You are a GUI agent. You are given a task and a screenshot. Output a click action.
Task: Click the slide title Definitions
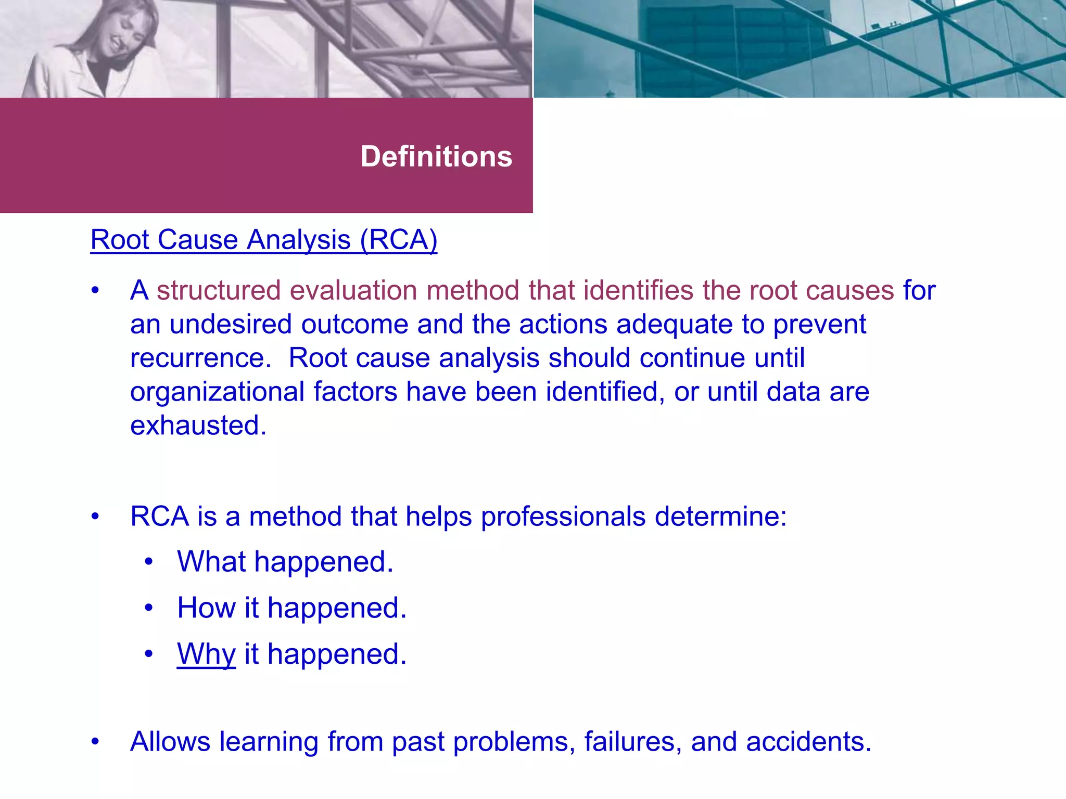coord(436,157)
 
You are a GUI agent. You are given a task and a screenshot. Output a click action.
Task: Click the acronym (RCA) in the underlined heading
coord(399,240)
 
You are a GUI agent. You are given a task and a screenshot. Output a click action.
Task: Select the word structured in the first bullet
coord(219,290)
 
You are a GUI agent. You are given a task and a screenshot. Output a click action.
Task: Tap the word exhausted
coord(198,426)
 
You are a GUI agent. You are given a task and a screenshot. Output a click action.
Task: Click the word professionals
coord(563,517)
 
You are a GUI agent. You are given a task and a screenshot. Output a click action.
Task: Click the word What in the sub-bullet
coord(211,562)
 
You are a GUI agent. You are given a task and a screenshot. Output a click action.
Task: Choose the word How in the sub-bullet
coord(206,608)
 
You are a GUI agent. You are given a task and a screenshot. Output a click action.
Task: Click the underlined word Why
coord(206,654)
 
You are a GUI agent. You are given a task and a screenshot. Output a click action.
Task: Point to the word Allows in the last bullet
coord(170,742)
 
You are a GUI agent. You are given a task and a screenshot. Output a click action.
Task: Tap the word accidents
coord(808,742)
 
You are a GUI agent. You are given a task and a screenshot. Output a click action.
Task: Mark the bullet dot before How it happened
coord(149,608)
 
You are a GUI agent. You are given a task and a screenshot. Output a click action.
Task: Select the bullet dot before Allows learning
coord(95,742)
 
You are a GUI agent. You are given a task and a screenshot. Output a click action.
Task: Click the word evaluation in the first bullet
coord(353,290)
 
